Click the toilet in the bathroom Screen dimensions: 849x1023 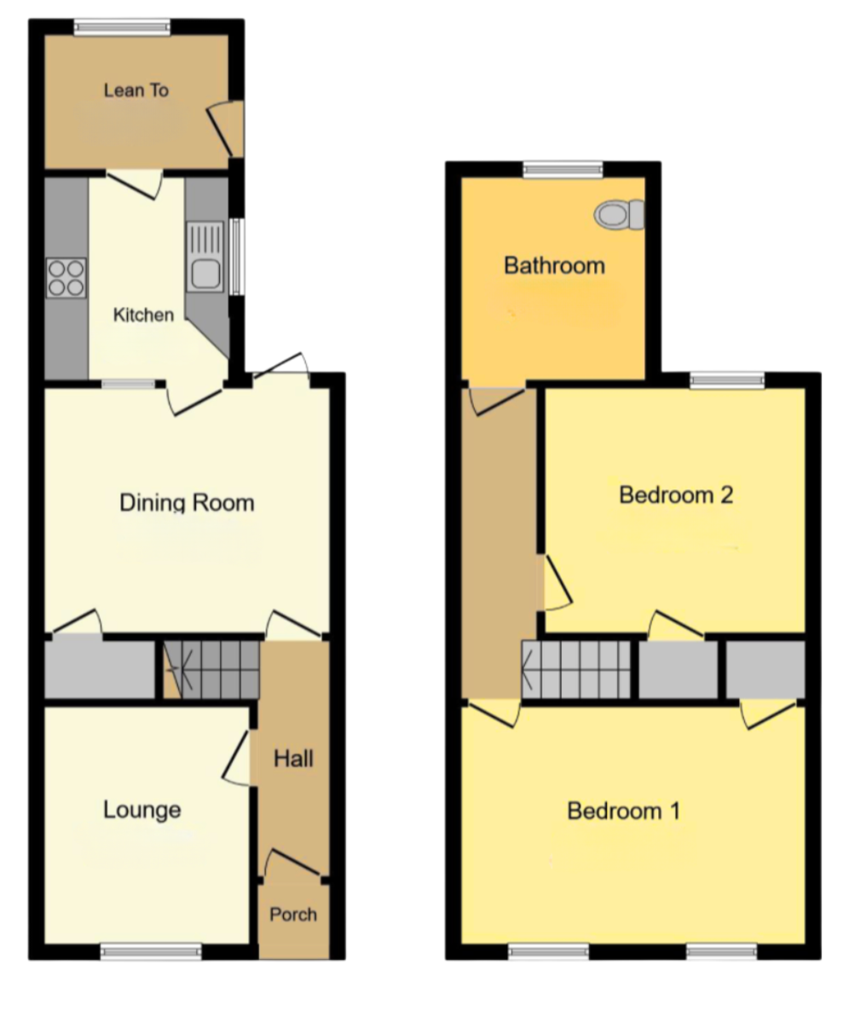[x=619, y=214]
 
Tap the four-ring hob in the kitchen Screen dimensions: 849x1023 [x=66, y=278]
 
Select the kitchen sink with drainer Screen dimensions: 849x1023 [x=205, y=257]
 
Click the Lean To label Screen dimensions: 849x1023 [x=136, y=90]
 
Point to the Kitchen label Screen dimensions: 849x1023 [x=143, y=315]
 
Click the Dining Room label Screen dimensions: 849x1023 [x=188, y=503]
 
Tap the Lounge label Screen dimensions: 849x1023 [x=142, y=810]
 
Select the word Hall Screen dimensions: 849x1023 [x=293, y=759]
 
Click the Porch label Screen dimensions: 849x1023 [x=293, y=914]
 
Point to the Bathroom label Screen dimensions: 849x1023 [x=555, y=265]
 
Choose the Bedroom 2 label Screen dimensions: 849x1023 [x=676, y=494]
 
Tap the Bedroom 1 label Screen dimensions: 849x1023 [x=624, y=811]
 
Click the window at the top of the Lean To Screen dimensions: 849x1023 [x=123, y=27]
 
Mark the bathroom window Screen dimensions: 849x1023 [x=563, y=170]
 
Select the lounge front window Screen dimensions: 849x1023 [x=151, y=951]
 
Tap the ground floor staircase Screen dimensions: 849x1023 [x=211, y=670]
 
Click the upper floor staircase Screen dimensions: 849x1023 [x=575, y=669]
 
